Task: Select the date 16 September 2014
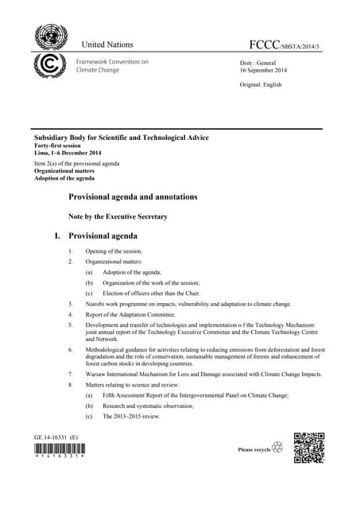click(x=264, y=71)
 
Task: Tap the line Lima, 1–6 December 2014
click(x=68, y=153)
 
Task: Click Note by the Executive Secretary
click(x=118, y=216)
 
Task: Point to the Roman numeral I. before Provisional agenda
click(x=56, y=236)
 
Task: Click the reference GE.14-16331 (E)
click(x=56, y=437)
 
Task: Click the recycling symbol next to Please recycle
click(x=277, y=449)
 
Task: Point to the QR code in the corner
click(x=309, y=447)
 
